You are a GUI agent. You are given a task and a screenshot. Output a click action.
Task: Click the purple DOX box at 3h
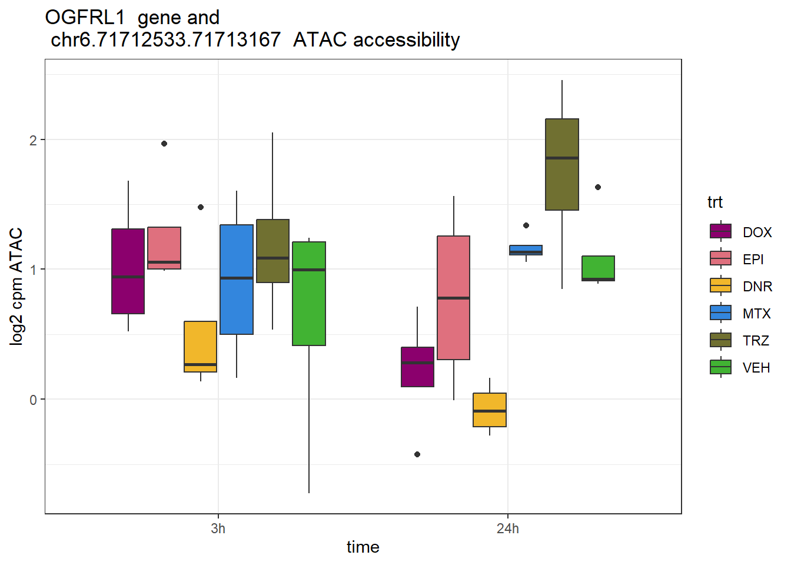[128, 271]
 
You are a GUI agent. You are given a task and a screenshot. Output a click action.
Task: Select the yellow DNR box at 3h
[200, 346]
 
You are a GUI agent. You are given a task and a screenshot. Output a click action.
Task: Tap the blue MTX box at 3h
[237, 279]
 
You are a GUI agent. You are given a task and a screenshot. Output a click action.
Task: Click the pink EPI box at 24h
[453, 297]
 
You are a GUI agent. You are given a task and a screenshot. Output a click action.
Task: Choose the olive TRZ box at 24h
[562, 164]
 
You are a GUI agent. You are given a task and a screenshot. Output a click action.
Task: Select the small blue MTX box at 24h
[526, 250]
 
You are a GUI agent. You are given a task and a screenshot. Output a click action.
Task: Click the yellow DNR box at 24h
[490, 410]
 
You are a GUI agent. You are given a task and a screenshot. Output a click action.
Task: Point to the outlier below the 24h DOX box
[417, 454]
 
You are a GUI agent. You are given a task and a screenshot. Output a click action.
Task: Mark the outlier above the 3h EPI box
[164, 144]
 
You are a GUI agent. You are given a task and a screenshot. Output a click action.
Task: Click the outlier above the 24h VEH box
[598, 187]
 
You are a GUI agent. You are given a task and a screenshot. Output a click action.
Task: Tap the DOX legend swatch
[721, 231]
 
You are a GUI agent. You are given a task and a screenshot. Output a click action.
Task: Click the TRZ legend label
[756, 341]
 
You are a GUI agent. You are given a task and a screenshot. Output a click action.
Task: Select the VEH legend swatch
[721, 367]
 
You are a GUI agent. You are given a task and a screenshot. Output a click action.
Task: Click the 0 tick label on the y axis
[34, 400]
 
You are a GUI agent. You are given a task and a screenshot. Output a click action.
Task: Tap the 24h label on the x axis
[507, 529]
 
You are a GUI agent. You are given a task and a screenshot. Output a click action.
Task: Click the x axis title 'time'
[363, 547]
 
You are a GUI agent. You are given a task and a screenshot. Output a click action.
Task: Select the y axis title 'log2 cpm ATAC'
[16, 286]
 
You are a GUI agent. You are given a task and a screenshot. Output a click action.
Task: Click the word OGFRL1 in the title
[85, 18]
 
